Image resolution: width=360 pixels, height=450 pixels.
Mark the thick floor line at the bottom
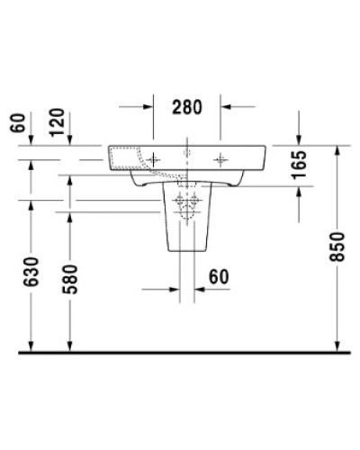coord(180,352)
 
